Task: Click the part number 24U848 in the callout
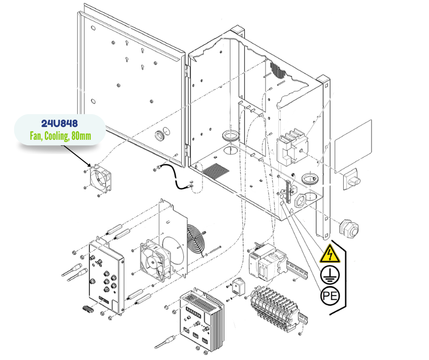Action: pos(59,124)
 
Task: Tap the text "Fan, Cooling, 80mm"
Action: pos(59,136)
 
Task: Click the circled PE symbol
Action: pos(330,296)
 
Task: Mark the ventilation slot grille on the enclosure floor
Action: pos(216,171)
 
